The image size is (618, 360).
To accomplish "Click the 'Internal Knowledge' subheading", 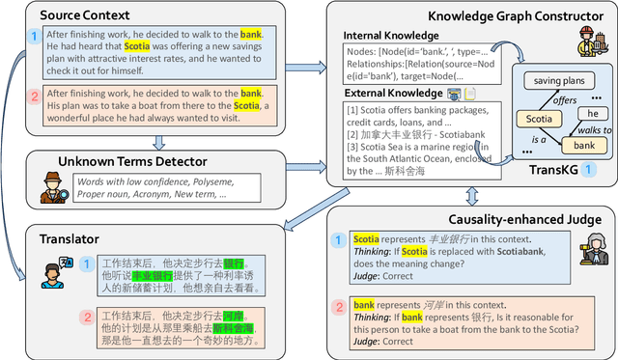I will pyautogui.click(x=391, y=36).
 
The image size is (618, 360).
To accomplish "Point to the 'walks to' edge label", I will pyautogui.click(x=595, y=129).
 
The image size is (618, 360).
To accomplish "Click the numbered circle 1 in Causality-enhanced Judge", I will pyautogui.click(x=338, y=239).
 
